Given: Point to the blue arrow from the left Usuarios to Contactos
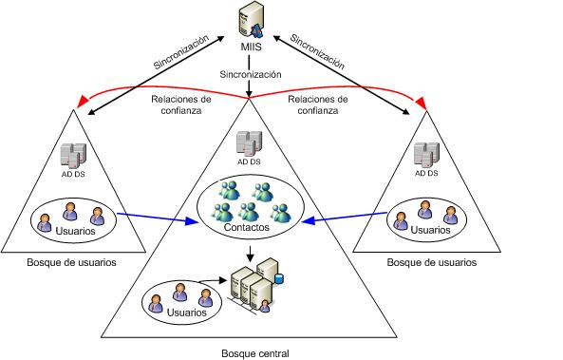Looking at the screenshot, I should point(158,222).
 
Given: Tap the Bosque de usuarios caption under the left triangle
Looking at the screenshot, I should point(72,262).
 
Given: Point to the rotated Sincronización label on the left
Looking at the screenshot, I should point(183,52).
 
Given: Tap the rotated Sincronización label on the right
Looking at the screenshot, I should point(319,52).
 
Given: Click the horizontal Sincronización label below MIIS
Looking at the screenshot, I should point(251,73).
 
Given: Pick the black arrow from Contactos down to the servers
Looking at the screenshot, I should point(248,254).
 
